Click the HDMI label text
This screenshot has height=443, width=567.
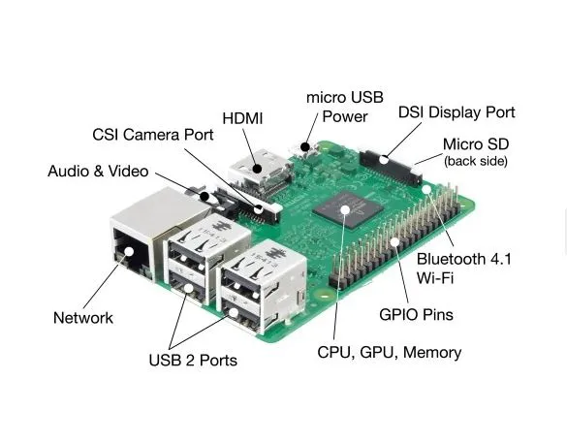point(242,118)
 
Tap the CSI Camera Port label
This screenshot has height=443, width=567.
point(153,135)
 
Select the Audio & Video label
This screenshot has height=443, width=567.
point(98,171)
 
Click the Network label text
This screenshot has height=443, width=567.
point(83,318)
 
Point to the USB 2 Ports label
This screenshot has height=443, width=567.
point(193,361)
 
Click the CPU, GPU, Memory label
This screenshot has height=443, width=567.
point(390,353)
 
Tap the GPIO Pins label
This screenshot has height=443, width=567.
point(416,315)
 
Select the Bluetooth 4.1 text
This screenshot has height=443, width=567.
point(464,259)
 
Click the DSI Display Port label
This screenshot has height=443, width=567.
point(457,112)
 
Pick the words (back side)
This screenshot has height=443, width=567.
point(476,161)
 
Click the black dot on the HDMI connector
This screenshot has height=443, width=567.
point(258,169)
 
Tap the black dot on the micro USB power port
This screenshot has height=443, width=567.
point(305,147)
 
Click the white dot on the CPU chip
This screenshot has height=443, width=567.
point(345,209)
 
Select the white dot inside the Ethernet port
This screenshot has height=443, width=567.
point(128,252)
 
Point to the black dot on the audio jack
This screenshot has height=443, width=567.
point(205,197)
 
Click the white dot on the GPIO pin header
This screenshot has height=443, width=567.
point(394,242)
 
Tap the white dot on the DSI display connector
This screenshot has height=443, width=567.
point(384,160)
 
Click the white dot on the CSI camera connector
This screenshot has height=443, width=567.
point(258,209)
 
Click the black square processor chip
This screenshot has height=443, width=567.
point(348,209)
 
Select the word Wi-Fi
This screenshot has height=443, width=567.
point(434,278)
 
